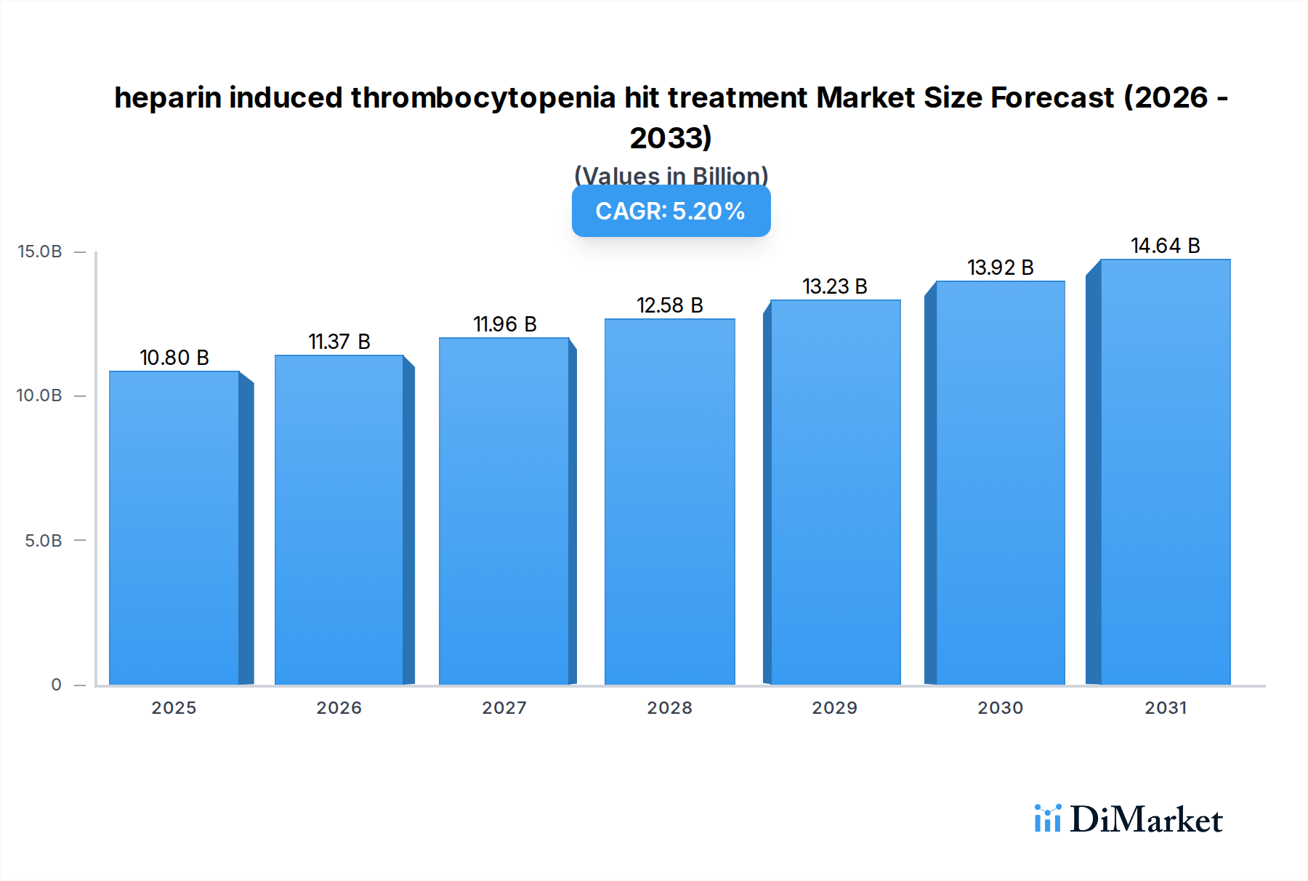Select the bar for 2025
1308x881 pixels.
[174, 528]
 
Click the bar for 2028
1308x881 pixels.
[669, 502]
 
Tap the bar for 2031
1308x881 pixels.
[1165, 472]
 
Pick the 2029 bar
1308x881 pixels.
[835, 492]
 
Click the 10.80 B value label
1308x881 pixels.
[174, 358]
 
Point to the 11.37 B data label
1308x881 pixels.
[339, 342]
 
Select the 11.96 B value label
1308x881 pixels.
[505, 324]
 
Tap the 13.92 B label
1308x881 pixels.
[1000, 267]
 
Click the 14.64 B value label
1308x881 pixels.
[1165, 246]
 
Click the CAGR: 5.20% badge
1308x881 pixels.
[671, 211]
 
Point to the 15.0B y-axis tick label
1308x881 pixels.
[40, 252]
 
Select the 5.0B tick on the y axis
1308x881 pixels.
[44, 541]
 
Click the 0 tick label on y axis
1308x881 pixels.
[57, 685]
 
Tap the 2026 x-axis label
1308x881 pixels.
[339, 708]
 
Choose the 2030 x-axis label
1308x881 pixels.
[1000, 708]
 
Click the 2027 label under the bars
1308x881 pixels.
[504, 708]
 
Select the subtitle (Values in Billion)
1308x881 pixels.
[671, 176]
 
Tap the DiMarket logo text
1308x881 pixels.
[1146, 820]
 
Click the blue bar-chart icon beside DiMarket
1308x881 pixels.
[1047, 818]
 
